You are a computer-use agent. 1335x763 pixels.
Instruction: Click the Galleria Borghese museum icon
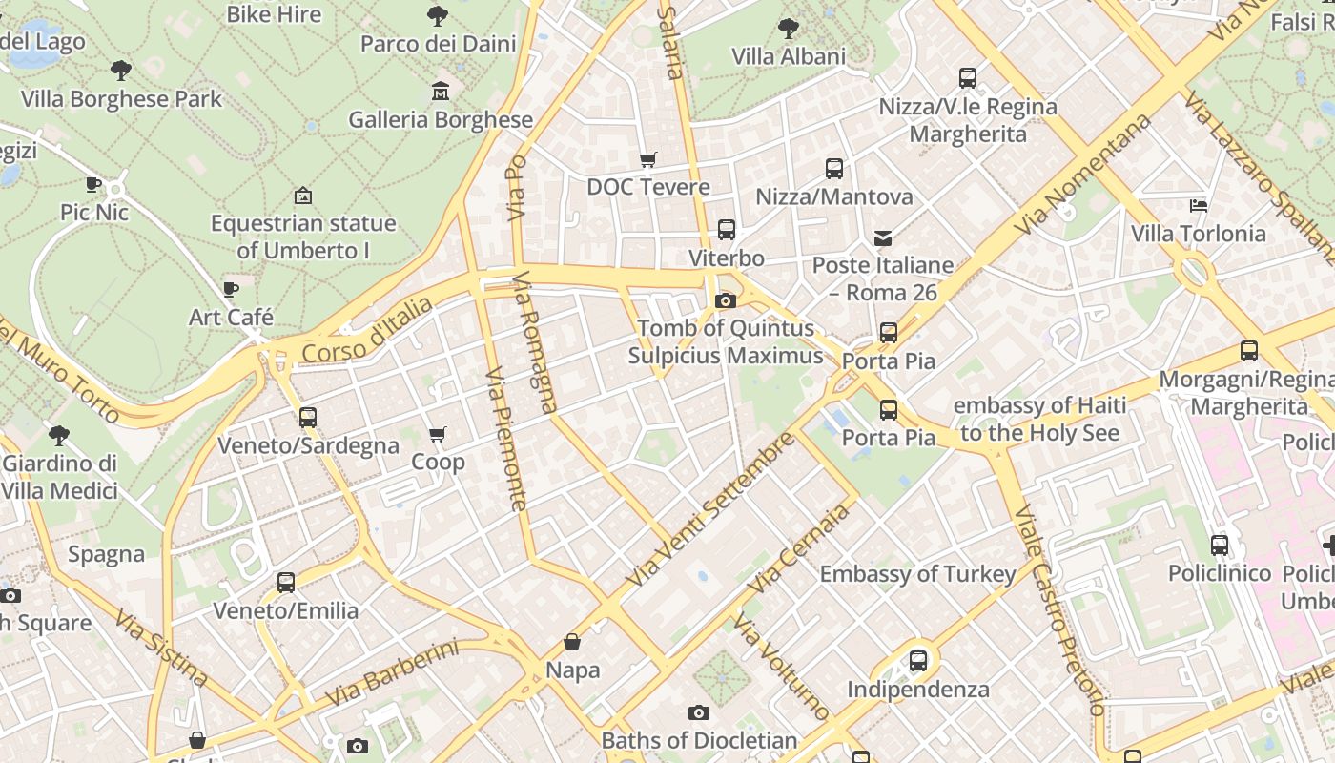pos(441,92)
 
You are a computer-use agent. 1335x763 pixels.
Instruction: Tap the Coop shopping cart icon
pos(438,435)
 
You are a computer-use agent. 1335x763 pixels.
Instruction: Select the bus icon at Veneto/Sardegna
pos(307,417)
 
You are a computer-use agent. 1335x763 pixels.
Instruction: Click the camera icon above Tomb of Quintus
pos(725,301)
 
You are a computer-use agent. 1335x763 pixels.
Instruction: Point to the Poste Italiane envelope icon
pos(883,237)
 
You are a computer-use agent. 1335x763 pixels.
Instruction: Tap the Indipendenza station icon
pos(918,660)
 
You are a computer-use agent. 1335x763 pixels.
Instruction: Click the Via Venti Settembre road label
pos(710,509)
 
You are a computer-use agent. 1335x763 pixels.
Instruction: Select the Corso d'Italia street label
pos(366,330)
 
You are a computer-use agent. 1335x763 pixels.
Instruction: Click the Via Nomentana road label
pos(1081,175)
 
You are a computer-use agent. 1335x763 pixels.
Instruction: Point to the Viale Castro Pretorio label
pos(1060,610)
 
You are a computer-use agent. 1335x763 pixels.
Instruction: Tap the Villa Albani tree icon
pos(789,28)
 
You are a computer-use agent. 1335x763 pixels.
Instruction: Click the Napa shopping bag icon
pos(572,642)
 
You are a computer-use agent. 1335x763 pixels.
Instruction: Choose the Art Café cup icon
pos(230,289)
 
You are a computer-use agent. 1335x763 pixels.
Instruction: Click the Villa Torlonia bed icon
pos(1199,205)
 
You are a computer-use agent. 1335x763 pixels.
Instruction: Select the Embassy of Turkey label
pos(918,574)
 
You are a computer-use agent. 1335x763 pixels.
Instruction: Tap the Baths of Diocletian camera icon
pos(699,712)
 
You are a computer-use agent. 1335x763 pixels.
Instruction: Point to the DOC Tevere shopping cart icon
pos(648,159)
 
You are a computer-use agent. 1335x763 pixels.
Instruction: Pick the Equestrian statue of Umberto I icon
pos(303,196)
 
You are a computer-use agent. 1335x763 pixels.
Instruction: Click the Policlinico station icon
pos(1220,545)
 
